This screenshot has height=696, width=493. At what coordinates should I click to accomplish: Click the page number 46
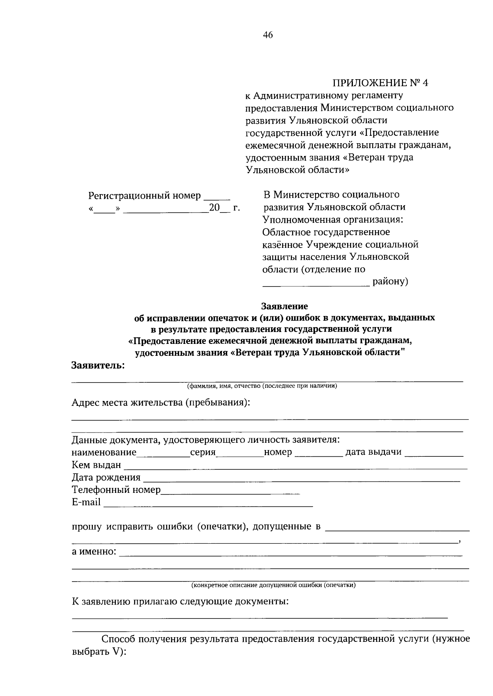(267, 35)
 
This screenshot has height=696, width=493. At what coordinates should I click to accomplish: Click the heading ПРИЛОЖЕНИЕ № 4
(380, 83)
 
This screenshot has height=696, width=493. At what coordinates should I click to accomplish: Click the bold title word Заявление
(285, 306)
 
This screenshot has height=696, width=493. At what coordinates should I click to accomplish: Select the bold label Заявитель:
(98, 365)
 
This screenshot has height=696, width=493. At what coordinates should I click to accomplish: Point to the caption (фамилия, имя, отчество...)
(262, 386)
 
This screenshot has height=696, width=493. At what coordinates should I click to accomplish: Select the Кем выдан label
(97, 465)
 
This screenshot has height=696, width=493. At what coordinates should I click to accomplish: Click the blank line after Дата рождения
(302, 478)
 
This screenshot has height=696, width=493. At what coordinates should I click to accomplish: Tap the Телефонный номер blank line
(230, 491)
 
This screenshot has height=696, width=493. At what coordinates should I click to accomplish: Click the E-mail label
(86, 502)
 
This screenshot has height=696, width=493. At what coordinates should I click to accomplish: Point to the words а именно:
(94, 552)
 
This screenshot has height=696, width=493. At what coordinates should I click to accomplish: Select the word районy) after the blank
(390, 282)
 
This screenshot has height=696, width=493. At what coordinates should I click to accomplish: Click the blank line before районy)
(316, 283)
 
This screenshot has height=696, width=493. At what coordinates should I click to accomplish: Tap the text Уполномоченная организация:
(333, 219)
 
